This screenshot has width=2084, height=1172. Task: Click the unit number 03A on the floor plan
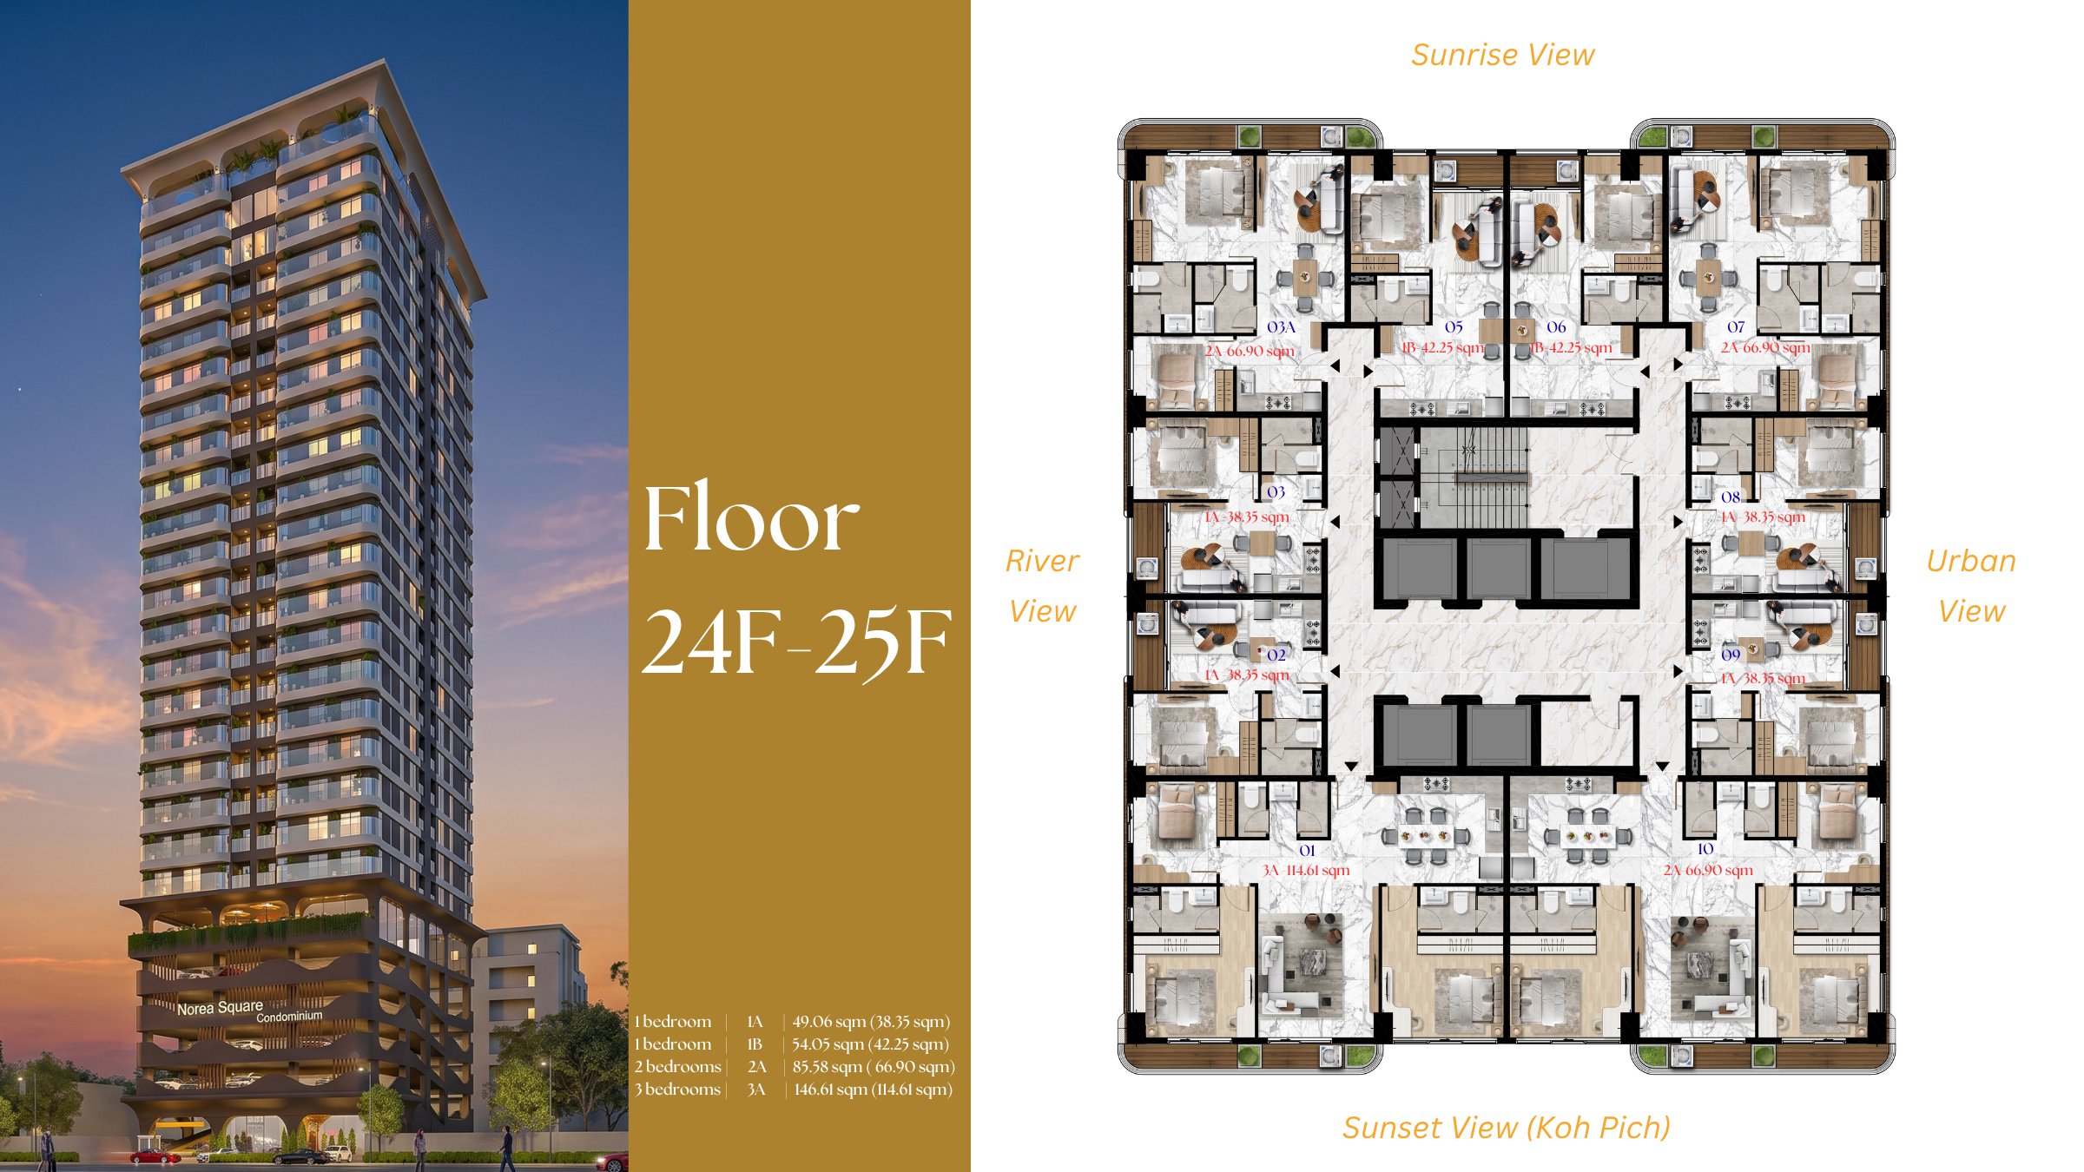(1281, 327)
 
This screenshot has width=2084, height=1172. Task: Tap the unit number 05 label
(1454, 327)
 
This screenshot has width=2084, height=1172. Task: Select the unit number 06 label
(1556, 327)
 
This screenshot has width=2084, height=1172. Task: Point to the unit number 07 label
(1736, 327)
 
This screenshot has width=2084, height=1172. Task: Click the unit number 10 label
(1705, 849)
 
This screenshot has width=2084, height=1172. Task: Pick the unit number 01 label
(1307, 851)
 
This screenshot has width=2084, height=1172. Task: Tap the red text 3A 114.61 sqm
(1306, 870)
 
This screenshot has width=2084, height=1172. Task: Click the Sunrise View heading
(1503, 55)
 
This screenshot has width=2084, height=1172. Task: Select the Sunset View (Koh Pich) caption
(1507, 1128)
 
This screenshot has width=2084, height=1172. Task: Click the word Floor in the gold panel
(751, 519)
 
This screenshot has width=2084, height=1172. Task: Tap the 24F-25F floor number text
(796, 642)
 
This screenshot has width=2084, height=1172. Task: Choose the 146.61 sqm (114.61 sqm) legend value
(873, 1090)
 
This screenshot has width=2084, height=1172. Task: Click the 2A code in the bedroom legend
(757, 1067)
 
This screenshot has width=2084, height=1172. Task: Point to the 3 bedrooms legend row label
(677, 1090)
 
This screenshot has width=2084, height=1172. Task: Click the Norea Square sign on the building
(220, 1007)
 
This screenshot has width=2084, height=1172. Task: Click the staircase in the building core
(1474, 477)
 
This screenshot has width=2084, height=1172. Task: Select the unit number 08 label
(1731, 497)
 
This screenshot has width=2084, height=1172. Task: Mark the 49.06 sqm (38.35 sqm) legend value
(871, 1022)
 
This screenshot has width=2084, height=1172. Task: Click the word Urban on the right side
(1971, 561)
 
